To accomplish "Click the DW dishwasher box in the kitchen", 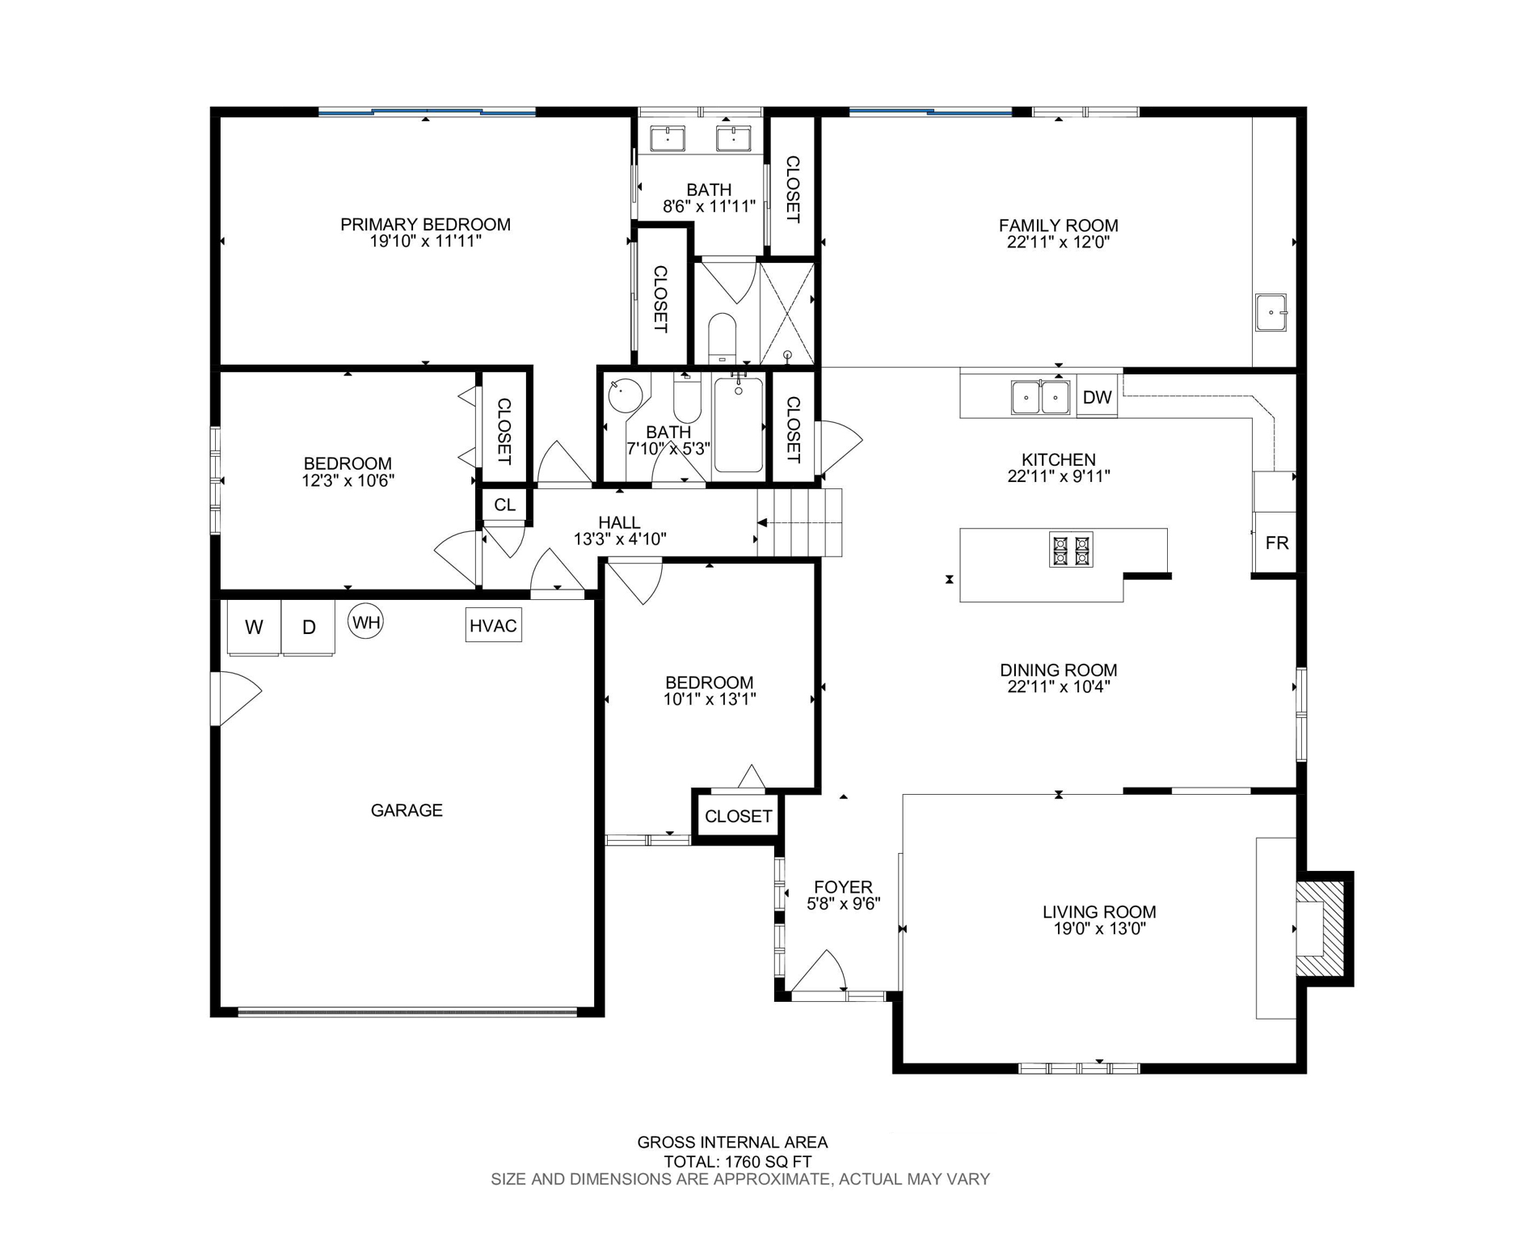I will click(1096, 397).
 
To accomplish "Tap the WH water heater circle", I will click(365, 622).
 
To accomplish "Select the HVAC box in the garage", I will click(493, 625).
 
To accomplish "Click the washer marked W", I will click(254, 627).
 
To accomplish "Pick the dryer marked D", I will click(308, 627).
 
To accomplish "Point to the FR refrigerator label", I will click(1276, 543).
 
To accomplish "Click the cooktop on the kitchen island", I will click(1071, 550).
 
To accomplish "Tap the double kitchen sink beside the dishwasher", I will click(1040, 397).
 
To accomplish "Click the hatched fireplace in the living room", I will click(1320, 928).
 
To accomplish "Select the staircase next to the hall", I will click(799, 523).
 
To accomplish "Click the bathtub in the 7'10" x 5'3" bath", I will click(738, 425).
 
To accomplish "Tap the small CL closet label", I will click(504, 505).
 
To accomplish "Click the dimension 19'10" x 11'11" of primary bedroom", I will click(425, 241).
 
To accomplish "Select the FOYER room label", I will click(843, 886).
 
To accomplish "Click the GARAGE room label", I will click(407, 809).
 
